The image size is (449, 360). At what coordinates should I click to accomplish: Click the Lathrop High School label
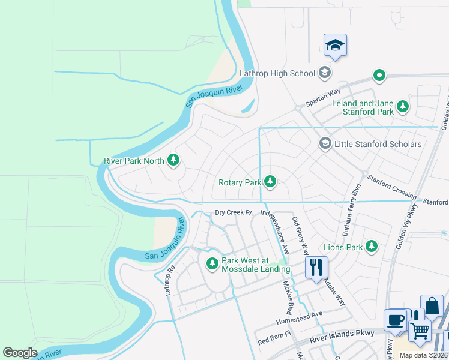click(x=277, y=73)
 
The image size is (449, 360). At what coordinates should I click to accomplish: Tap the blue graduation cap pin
click(x=335, y=45)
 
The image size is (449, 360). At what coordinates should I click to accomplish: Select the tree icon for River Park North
click(x=173, y=160)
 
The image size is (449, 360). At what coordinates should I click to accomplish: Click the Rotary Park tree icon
click(x=270, y=181)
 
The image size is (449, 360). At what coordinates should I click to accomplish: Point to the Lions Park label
click(x=343, y=247)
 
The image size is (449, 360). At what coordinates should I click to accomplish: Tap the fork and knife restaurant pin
click(x=316, y=267)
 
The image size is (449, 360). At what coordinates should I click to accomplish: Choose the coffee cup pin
click(x=395, y=320)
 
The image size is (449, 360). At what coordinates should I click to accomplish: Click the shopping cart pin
click(x=420, y=329)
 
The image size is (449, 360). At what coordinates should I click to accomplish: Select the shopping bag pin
click(x=432, y=306)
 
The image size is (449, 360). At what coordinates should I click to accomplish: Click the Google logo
click(x=20, y=353)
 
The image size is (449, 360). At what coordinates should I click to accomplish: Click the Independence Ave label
click(x=276, y=231)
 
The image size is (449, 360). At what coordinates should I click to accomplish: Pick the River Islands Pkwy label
click(x=342, y=336)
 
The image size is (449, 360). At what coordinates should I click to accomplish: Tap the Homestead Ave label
click(x=299, y=317)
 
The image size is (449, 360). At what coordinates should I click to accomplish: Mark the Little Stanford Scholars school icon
click(x=325, y=143)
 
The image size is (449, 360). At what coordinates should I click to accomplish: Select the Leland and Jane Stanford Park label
click(x=363, y=107)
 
